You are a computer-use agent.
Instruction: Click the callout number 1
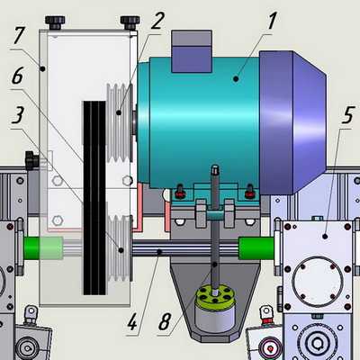click(x=271, y=21)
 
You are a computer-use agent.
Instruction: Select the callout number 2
click(x=157, y=21)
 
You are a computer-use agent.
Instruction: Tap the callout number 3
click(x=18, y=115)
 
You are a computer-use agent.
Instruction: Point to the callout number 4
click(x=132, y=322)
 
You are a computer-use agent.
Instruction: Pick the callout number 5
click(x=348, y=114)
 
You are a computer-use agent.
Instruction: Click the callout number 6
click(x=17, y=76)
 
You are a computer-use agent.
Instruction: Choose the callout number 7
click(x=19, y=35)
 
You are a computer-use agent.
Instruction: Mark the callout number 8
click(x=165, y=322)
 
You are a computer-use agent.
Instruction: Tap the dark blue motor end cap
click(x=292, y=122)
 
